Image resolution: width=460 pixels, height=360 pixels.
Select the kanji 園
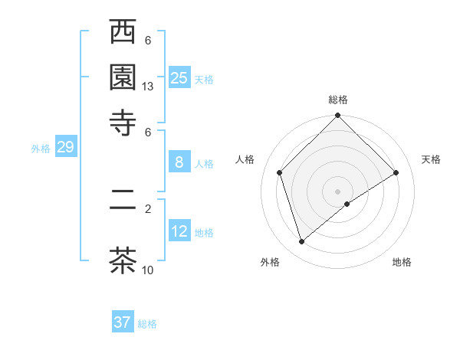pos(123,77)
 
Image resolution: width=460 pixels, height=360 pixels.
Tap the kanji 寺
pos(123,123)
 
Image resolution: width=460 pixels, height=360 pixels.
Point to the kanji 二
pos(123,207)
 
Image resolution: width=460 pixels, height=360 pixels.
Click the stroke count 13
pos(148,87)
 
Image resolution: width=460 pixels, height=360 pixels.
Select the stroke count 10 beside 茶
pos(148,270)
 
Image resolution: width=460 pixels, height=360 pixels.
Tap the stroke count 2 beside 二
pos(148,208)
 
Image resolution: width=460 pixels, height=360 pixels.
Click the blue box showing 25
pos(179,78)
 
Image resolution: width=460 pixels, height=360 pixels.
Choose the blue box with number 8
pos(179,162)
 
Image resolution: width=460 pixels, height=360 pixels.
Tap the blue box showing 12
pos(179,231)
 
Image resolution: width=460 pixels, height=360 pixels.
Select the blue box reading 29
pos(65,148)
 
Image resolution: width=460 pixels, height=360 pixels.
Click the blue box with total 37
pos(123,322)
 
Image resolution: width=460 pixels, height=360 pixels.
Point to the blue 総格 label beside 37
pos(147,324)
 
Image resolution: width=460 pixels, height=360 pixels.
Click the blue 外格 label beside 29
pos(41,149)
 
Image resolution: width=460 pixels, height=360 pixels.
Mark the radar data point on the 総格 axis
pos(337,116)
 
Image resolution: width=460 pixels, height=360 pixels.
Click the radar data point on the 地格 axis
pos(347,204)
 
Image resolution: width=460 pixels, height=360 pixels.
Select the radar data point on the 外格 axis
pos(301,242)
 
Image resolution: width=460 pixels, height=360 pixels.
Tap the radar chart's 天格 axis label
pos(431,159)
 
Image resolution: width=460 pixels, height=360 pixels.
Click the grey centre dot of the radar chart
pos(337,191)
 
